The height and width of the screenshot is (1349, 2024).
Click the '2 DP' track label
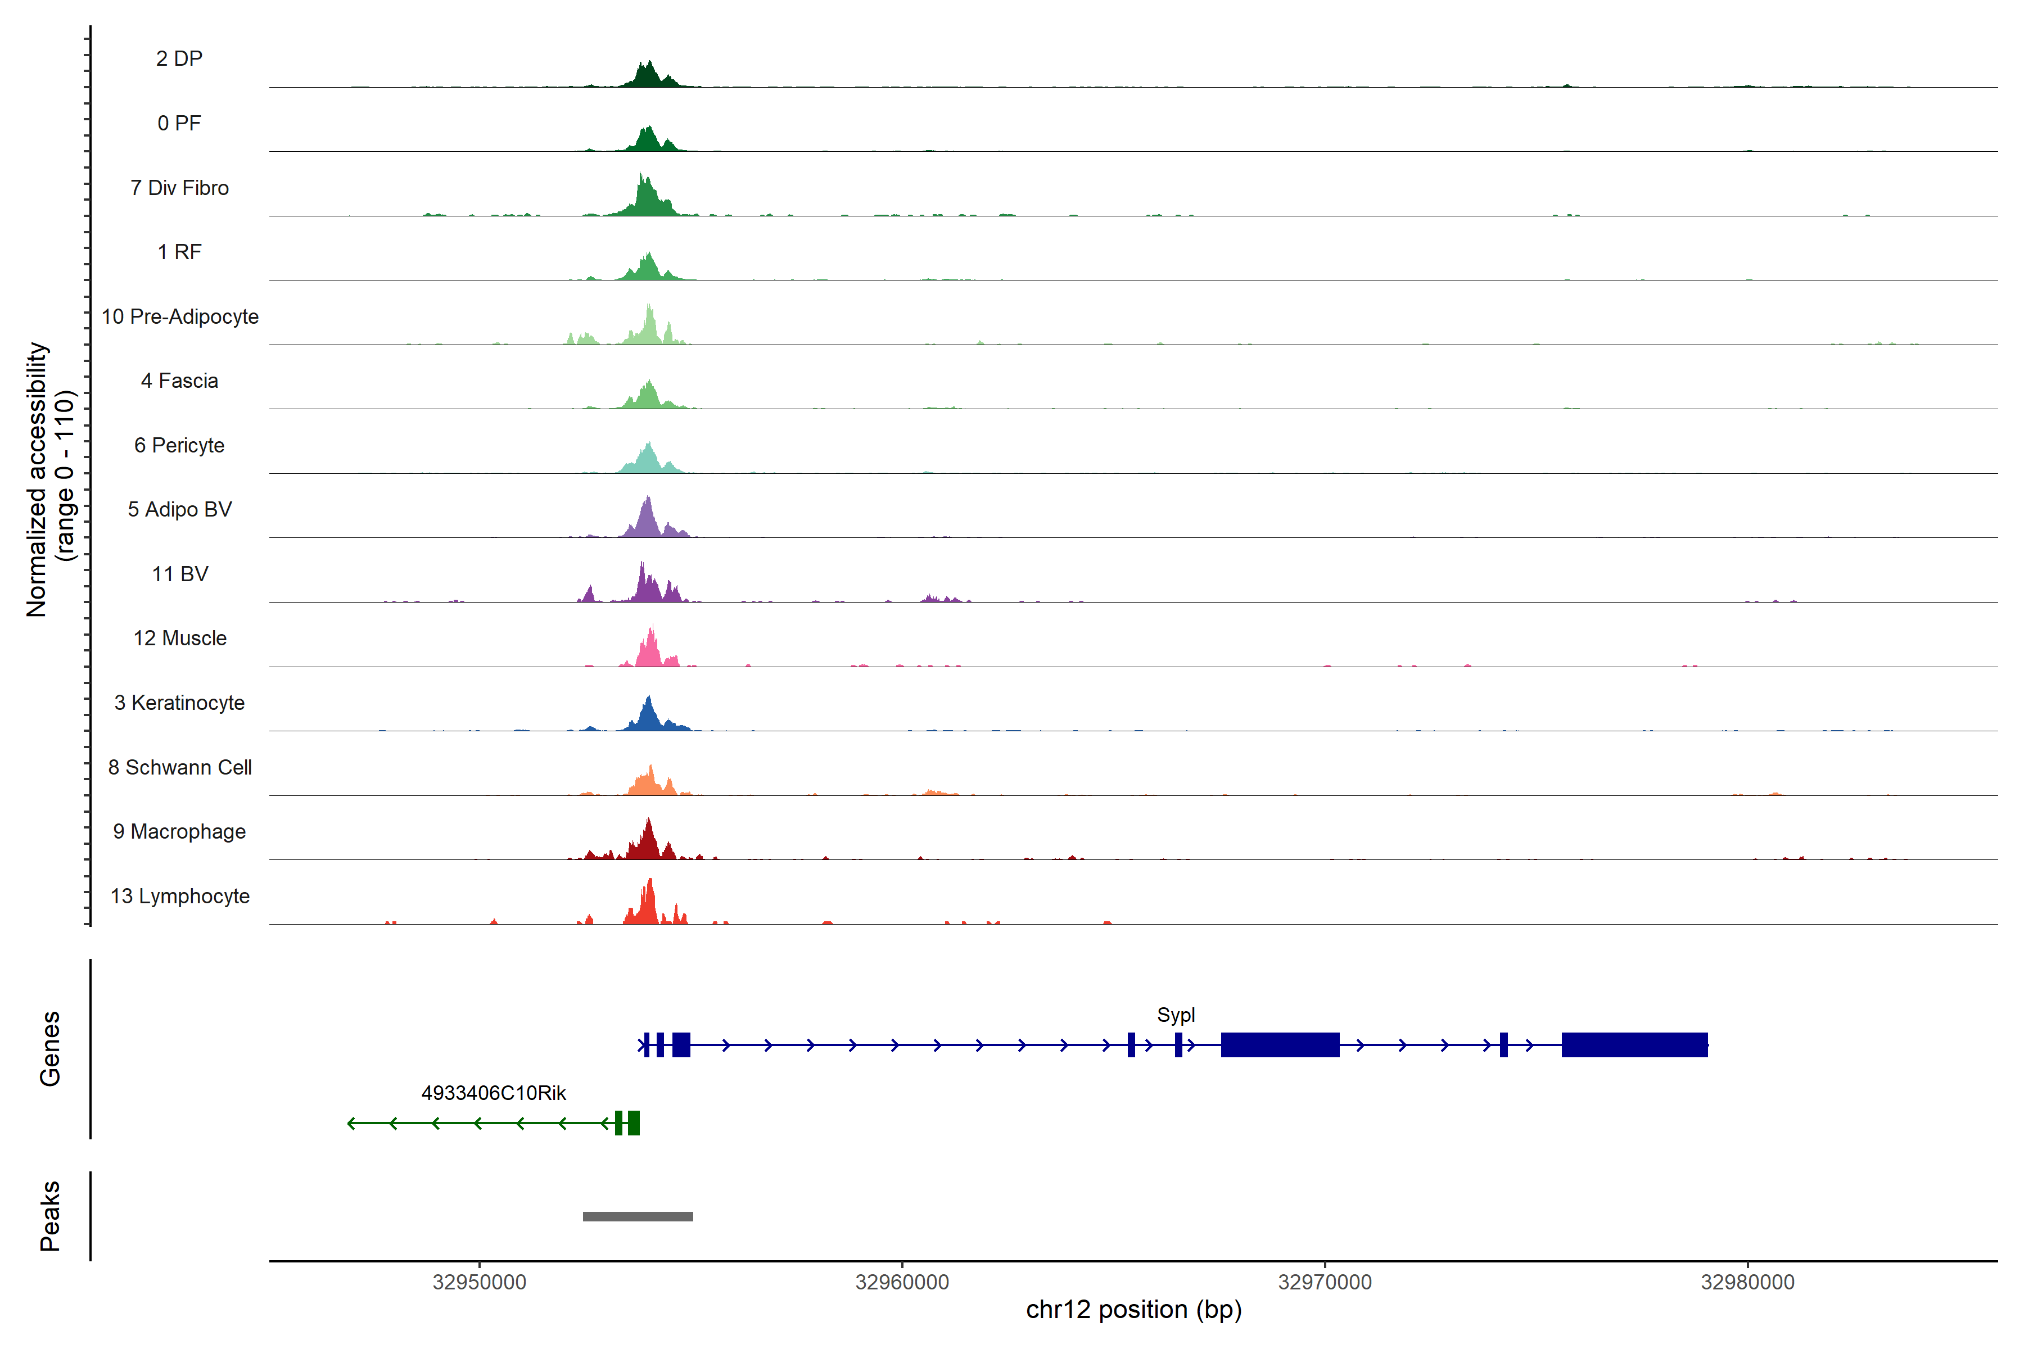(x=179, y=58)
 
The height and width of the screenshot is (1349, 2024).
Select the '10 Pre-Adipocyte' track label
(x=180, y=316)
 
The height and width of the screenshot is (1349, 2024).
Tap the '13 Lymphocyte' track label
(x=180, y=897)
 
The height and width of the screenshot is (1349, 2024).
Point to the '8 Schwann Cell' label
(x=180, y=767)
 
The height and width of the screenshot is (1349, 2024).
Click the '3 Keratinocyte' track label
(x=180, y=703)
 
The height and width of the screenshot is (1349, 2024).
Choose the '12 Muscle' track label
(x=180, y=639)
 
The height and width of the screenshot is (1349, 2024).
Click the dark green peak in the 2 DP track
(x=649, y=76)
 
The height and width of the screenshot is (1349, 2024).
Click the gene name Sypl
(x=1176, y=1015)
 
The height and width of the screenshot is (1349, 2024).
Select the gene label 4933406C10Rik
(x=493, y=1093)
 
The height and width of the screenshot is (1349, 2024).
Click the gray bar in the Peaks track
(x=638, y=1216)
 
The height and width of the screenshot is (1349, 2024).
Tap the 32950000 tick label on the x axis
(x=480, y=1283)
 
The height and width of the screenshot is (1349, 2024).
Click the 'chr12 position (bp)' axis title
(x=1133, y=1310)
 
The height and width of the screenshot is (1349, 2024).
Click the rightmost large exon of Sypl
(x=1634, y=1044)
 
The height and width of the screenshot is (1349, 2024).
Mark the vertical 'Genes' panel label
(x=50, y=1049)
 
